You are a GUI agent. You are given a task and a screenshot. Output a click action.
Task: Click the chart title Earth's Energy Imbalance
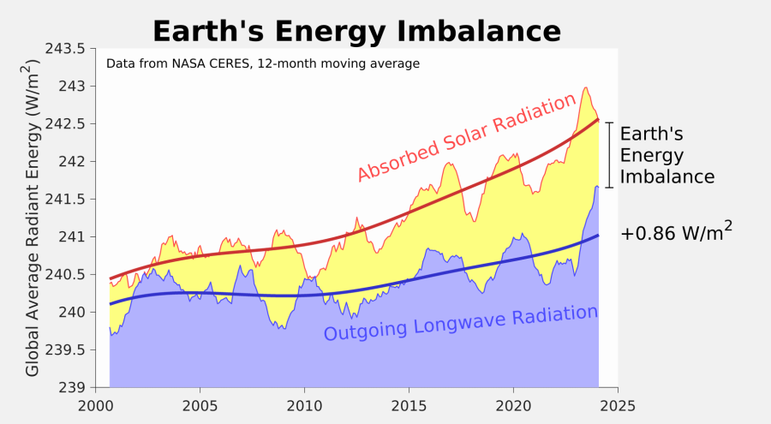click(x=356, y=31)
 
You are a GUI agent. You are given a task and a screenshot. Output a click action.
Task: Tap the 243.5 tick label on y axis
click(x=66, y=49)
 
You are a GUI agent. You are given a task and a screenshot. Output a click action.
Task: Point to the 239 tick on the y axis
click(x=72, y=387)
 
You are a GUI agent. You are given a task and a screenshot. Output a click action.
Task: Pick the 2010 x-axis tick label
click(x=304, y=404)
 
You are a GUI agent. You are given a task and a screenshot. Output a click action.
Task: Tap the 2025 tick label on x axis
click(x=618, y=404)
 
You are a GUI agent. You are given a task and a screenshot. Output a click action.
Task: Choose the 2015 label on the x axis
click(x=409, y=404)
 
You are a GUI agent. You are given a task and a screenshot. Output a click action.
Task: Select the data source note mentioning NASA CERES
click(x=262, y=63)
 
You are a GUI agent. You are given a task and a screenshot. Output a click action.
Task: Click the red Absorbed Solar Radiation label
click(x=466, y=138)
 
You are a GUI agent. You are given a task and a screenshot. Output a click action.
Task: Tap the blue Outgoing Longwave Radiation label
click(x=460, y=322)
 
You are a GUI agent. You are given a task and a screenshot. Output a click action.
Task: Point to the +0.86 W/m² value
click(x=676, y=231)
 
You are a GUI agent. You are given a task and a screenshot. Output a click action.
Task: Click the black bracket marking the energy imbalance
click(x=609, y=155)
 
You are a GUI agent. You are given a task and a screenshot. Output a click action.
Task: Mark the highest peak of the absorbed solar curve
click(x=585, y=87)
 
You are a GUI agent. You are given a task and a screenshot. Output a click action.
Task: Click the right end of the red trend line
click(x=597, y=120)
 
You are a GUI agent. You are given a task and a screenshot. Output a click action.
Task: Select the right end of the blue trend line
click(x=597, y=235)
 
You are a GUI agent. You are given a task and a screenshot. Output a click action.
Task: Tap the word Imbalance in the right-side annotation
click(x=666, y=177)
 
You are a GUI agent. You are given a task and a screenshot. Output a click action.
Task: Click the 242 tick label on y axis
click(x=72, y=162)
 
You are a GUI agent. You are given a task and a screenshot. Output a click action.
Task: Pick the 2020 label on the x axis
click(x=513, y=404)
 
